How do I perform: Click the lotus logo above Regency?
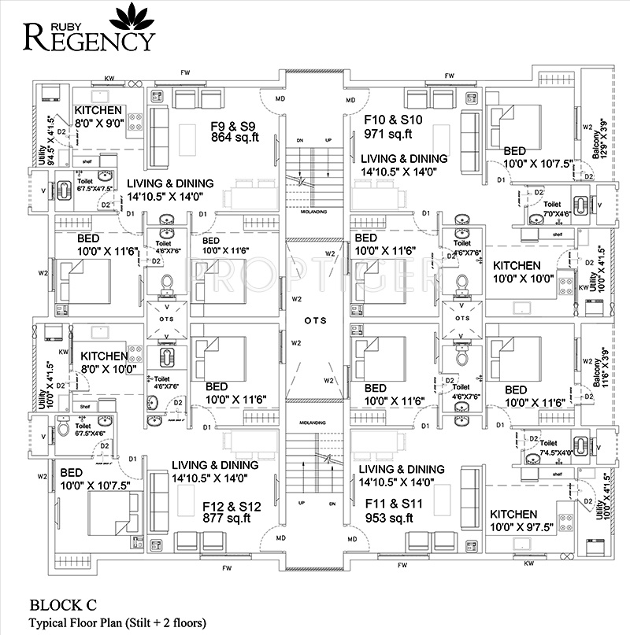click(x=128, y=15)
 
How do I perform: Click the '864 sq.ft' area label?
click(x=235, y=137)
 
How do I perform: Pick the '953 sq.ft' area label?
click(x=390, y=518)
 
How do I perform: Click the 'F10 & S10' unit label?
click(x=394, y=120)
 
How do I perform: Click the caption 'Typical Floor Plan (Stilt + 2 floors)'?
click(x=118, y=622)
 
